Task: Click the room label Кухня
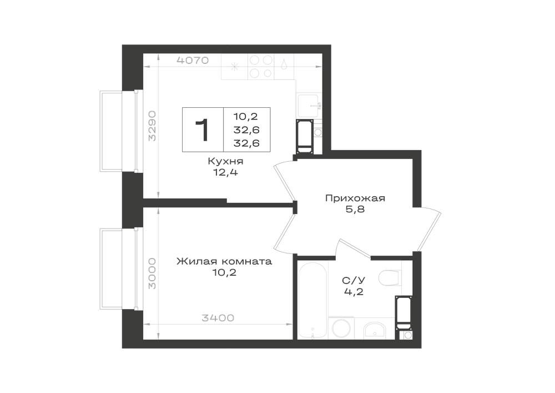225,162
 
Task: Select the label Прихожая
355,198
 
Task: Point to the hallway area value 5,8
355,210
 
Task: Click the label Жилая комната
224,261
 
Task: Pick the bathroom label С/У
354,281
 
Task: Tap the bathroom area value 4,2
354,292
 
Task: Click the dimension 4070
193,60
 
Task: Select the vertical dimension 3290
152,126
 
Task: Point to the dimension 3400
218,318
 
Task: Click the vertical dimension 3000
152,273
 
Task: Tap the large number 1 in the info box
202,130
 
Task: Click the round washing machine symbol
341,328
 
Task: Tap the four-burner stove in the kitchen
261,67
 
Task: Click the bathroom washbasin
375,329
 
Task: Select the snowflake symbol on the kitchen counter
234,67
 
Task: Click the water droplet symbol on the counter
284,64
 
